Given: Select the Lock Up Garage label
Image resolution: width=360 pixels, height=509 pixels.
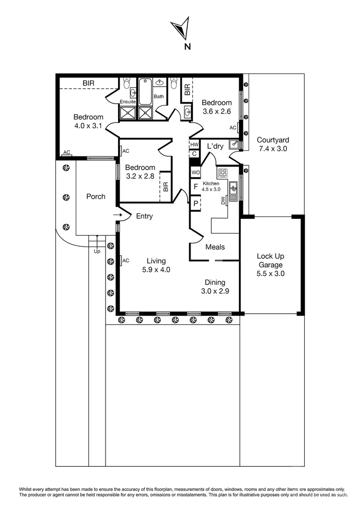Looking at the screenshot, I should (270, 265).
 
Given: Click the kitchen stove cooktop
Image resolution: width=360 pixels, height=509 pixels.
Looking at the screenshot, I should (223, 173).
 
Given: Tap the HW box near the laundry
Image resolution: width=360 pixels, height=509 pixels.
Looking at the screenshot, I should (194, 144).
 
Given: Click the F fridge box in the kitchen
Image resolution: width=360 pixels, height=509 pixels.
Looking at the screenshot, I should (195, 188).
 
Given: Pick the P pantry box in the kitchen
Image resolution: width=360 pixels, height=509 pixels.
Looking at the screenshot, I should (195, 203).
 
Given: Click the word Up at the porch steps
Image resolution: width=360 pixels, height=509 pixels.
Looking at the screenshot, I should (97, 251).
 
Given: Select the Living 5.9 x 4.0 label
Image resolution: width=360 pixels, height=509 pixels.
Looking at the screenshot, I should (156, 265).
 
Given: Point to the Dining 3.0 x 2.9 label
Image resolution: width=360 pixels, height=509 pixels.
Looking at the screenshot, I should (215, 287).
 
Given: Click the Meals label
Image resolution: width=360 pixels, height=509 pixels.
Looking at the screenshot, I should (215, 247).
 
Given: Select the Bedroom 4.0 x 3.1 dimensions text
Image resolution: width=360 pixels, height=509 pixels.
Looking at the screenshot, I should (88, 127).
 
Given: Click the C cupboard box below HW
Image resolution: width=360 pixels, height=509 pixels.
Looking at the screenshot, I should (194, 154).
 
